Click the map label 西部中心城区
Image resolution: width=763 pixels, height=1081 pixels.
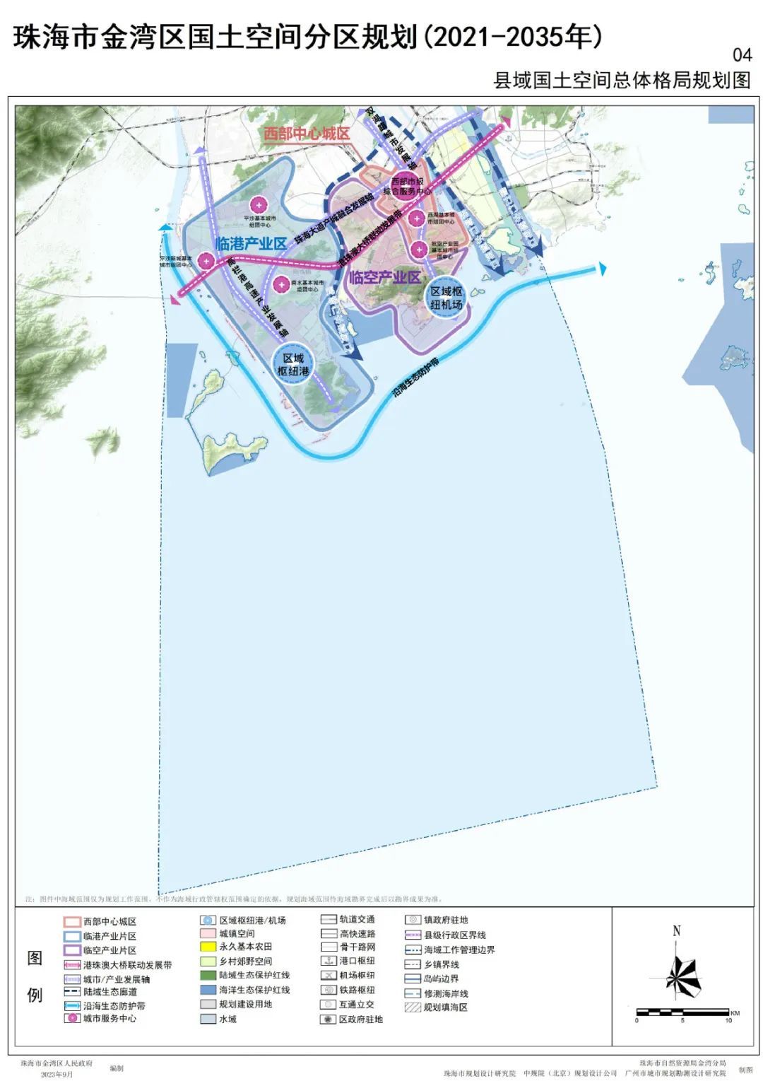pyautogui.click(x=307, y=134)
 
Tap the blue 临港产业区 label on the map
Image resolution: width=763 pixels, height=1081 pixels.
pyautogui.click(x=252, y=244)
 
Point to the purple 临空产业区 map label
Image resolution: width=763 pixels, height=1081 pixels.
pyautogui.click(x=385, y=277)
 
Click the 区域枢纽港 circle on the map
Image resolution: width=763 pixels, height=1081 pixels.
pyautogui.click(x=293, y=365)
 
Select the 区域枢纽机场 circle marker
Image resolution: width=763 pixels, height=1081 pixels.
pyautogui.click(x=446, y=298)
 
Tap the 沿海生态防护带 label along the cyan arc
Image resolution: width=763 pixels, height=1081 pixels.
pyautogui.click(x=416, y=380)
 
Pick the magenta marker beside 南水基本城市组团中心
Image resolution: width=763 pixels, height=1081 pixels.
pyautogui.click(x=281, y=284)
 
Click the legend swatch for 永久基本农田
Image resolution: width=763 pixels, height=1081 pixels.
pyautogui.click(x=208, y=947)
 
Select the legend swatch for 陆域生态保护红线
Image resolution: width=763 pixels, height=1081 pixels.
pyautogui.click(x=208, y=975)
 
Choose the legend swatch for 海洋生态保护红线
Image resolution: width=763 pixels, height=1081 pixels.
pyautogui.click(x=208, y=990)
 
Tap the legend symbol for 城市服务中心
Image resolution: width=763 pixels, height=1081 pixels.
pyautogui.click(x=71, y=1019)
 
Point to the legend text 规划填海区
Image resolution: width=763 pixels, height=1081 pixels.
pyautogui.click(x=445, y=1007)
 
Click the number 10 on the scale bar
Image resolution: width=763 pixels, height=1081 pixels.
pyautogui.click(x=728, y=1020)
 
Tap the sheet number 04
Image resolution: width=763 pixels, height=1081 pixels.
pyautogui.click(x=742, y=54)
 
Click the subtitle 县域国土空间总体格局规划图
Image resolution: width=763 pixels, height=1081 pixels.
pyautogui.click(x=622, y=80)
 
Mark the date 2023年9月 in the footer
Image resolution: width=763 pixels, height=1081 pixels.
pyautogui.click(x=57, y=1074)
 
